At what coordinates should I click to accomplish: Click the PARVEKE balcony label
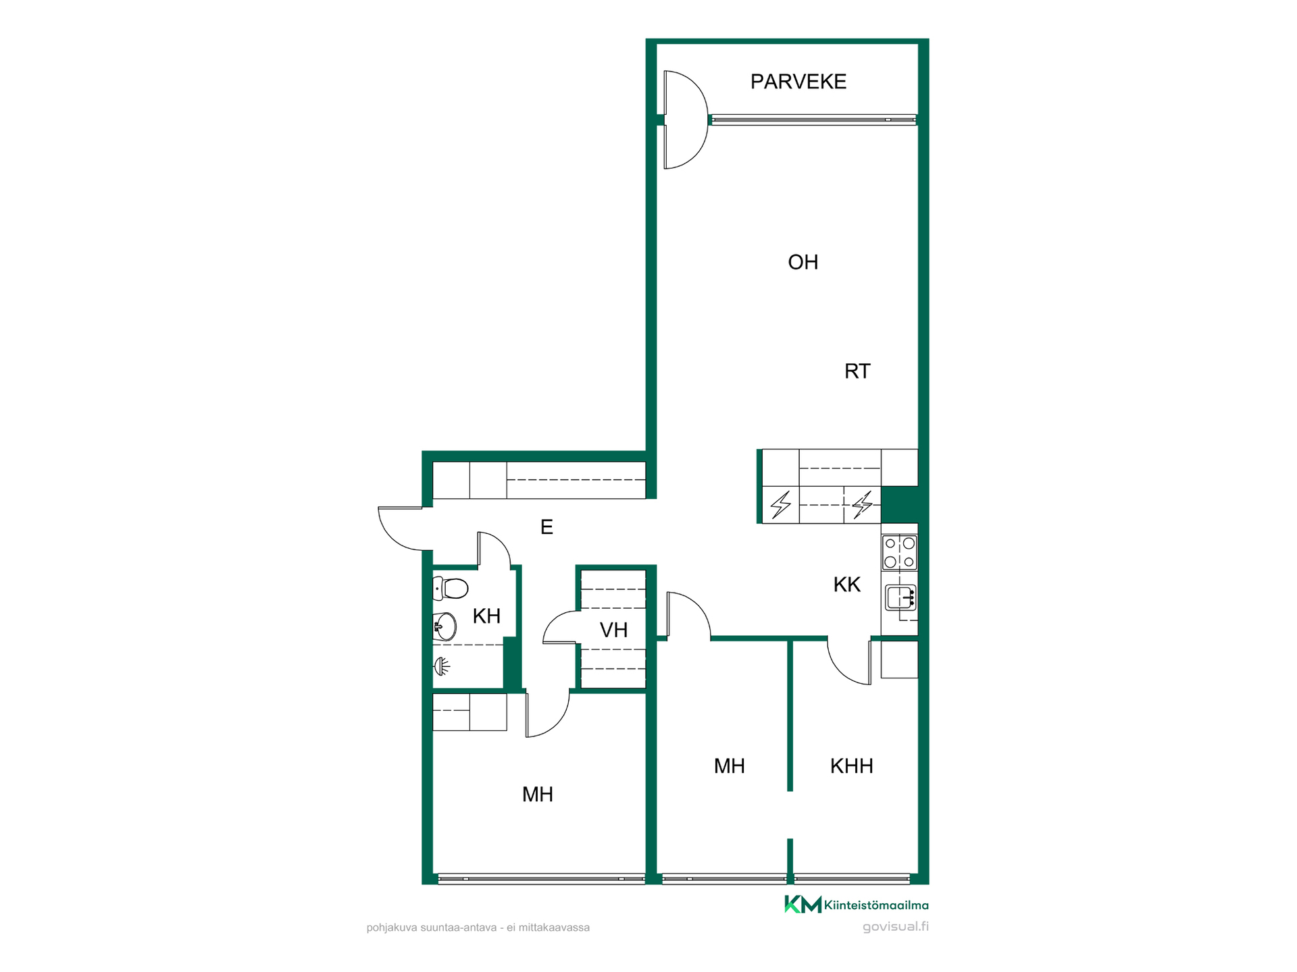(x=798, y=82)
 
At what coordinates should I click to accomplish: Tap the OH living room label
(x=803, y=262)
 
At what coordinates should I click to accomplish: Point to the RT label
(x=857, y=371)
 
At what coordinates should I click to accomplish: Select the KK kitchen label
(x=846, y=585)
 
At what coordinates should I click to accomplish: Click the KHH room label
(x=851, y=766)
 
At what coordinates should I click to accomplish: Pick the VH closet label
(x=613, y=630)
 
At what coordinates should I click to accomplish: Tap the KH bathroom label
(x=486, y=616)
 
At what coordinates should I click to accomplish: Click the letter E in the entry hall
(x=546, y=527)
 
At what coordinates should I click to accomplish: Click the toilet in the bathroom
(x=450, y=589)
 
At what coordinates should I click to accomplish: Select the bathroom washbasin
(x=444, y=626)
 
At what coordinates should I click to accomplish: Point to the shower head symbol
(x=441, y=667)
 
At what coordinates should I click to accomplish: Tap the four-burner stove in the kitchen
(x=900, y=552)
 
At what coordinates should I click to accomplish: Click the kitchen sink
(x=900, y=599)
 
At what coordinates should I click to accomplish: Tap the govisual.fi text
(x=896, y=927)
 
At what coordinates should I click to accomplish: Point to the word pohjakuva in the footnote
(x=392, y=928)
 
